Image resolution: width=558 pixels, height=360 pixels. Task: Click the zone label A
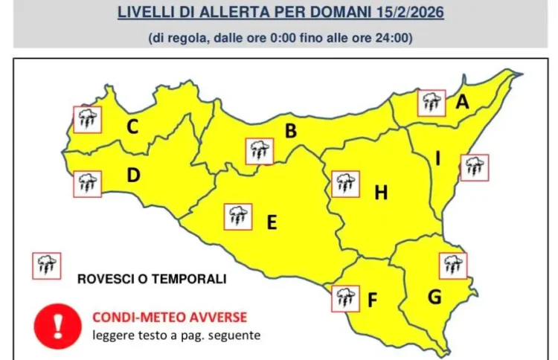[x=462, y=103]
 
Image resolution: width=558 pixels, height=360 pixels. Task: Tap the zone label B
[x=291, y=132]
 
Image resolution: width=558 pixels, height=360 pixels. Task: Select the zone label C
[x=132, y=127]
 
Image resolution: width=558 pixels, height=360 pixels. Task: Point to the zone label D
[x=133, y=176]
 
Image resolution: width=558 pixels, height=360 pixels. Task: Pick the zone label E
[x=272, y=222]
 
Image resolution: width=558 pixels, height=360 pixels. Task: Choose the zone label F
[x=373, y=300]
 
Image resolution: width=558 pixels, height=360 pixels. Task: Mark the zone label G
[x=434, y=297]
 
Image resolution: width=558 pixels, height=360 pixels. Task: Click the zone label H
[x=381, y=193]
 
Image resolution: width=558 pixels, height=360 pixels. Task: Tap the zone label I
[x=438, y=159]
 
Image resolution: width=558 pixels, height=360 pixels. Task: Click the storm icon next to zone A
[x=431, y=103]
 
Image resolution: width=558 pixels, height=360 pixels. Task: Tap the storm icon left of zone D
[x=87, y=183]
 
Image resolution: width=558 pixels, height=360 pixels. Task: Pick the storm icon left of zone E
[x=238, y=216]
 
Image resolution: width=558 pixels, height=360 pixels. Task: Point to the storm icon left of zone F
[x=344, y=298]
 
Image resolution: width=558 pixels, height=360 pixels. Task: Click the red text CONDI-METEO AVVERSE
[x=170, y=317]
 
